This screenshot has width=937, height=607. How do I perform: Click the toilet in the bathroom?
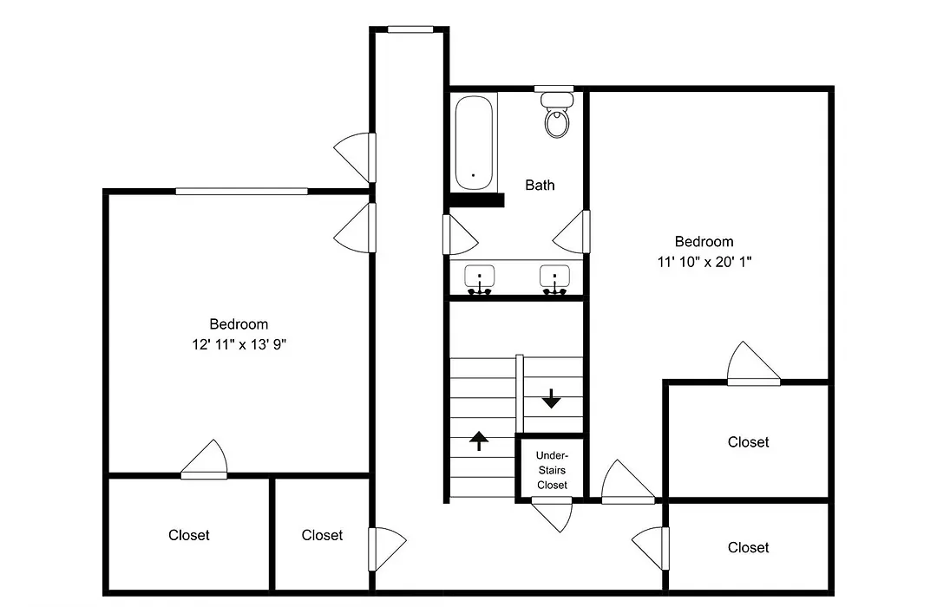(x=557, y=115)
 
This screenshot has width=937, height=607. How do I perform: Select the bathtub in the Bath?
(x=474, y=143)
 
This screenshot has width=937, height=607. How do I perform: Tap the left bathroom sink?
(x=479, y=279)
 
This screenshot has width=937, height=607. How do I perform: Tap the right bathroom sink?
(x=554, y=279)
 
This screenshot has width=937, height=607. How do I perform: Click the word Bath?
(x=540, y=186)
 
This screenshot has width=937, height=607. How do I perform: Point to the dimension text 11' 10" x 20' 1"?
(x=704, y=262)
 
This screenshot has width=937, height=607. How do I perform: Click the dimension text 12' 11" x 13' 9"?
(x=239, y=345)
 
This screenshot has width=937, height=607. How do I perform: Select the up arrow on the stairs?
(x=479, y=441)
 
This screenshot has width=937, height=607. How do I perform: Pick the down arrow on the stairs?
(x=551, y=399)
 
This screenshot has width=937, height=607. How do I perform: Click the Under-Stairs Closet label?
(x=552, y=470)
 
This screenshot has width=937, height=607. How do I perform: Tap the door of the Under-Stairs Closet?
(x=552, y=515)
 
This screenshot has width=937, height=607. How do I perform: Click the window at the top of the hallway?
(x=410, y=29)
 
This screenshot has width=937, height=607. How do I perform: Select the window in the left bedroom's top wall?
(x=241, y=191)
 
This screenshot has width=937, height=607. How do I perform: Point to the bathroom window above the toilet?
(x=554, y=89)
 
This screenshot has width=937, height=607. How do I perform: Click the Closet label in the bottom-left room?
(x=189, y=535)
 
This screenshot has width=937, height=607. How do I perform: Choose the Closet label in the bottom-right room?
(x=748, y=548)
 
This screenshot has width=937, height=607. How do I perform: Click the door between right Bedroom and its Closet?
(x=754, y=364)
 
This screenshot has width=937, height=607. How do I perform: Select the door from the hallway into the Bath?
(x=460, y=235)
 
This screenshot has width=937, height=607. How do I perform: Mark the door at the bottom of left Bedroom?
(x=204, y=460)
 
